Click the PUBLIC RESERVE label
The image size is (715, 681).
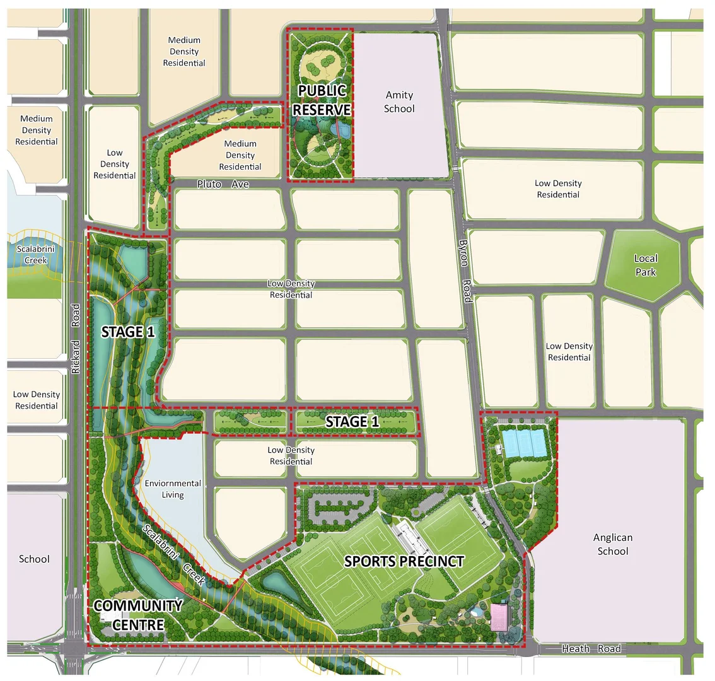coord(322,100)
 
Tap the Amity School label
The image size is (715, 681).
coord(399,102)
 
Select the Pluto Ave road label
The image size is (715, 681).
coord(223,184)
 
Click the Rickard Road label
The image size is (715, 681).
coord(76,339)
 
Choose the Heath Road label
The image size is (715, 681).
coord(591,649)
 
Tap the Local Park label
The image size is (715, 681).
coord(646,265)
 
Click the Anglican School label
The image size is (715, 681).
coord(612,544)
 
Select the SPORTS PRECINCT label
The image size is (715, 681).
coord(404,561)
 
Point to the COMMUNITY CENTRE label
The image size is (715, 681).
coord(138,615)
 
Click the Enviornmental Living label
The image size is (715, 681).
coord(173,489)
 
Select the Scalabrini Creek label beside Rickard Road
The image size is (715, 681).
coord(35,254)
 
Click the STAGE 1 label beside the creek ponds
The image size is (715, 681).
coord(128,332)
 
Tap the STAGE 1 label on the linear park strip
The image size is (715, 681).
coord(352,422)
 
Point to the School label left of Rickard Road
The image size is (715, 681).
coord(34,559)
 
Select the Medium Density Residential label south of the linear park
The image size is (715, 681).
coord(240,155)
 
